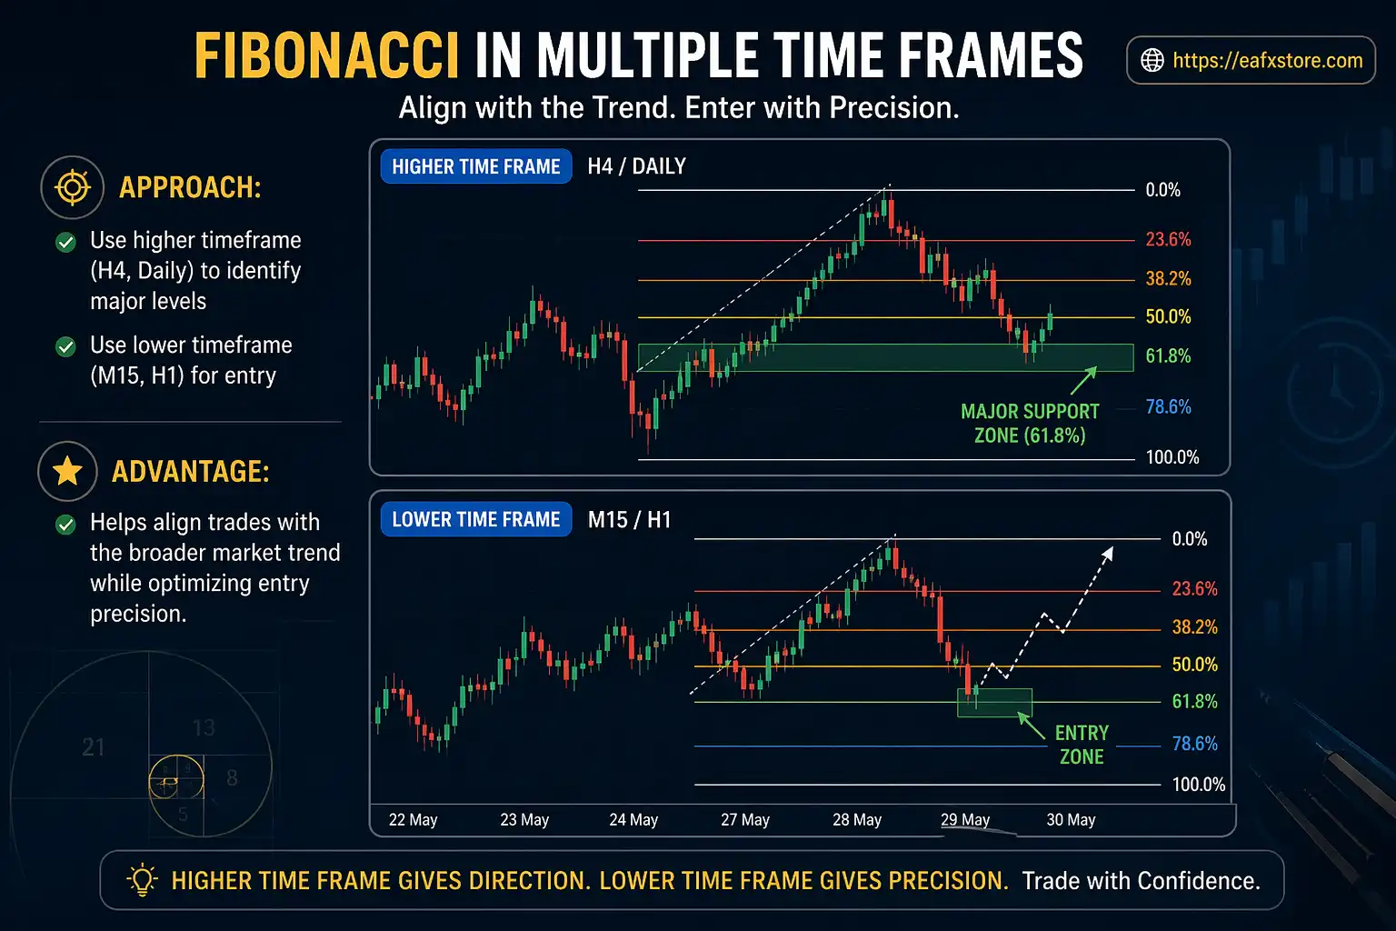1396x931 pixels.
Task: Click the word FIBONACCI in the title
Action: tap(326, 56)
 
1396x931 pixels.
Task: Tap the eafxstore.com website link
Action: tap(1267, 61)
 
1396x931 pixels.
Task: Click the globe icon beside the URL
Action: tap(1152, 61)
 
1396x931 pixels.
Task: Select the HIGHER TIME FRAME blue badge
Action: tap(476, 166)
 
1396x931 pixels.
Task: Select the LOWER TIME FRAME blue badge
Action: tap(476, 519)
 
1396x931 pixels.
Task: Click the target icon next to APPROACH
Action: tap(72, 187)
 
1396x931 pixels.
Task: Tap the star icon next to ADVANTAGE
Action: tap(68, 471)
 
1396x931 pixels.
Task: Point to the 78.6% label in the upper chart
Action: tap(1168, 406)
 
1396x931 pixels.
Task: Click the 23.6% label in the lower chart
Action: tap(1194, 588)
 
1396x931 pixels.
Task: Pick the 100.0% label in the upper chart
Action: tap(1172, 457)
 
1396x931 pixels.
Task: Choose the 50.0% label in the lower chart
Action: tap(1194, 665)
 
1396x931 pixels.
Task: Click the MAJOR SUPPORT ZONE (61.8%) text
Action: tap(1030, 424)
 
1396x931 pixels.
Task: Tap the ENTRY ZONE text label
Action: tap(1082, 745)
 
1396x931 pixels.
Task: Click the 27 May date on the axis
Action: tap(745, 820)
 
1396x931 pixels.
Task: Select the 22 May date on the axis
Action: tap(413, 820)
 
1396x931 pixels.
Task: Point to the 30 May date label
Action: tap(1071, 820)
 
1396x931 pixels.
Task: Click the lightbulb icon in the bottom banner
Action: tap(142, 880)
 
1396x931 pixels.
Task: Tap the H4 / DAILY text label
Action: tap(636, 166)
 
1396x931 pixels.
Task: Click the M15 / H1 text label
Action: tap(629, 520)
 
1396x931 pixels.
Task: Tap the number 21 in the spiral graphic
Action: tap(94, 747)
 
